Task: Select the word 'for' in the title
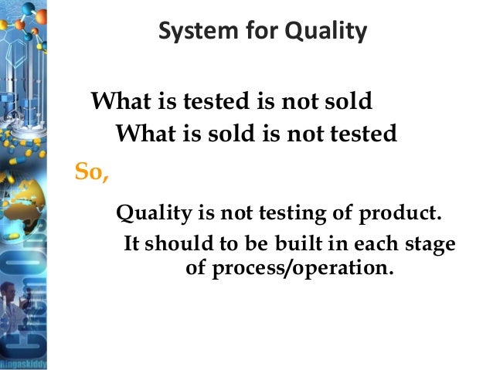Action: (x=249, y=33)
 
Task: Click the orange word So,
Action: (x=92, y=171)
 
